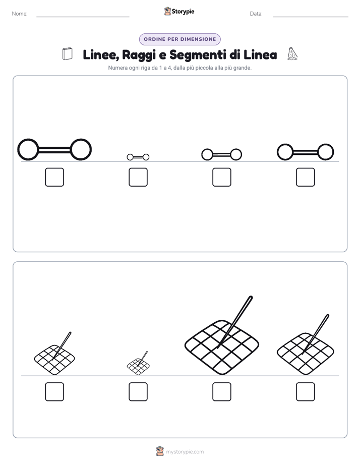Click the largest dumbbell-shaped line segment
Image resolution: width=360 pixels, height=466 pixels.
pos(54,150)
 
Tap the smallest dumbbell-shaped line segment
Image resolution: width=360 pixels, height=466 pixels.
pos(138,157)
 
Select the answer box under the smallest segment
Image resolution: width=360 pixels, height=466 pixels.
pos(138,177)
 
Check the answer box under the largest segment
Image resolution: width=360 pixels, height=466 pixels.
pos(54,177)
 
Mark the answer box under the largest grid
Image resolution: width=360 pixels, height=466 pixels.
pos(221,392)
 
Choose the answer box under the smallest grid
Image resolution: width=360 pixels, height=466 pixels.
pos(138,392)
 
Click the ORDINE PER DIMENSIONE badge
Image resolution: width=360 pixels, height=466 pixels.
pos(179,39)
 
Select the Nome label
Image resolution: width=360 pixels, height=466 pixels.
pos(20,14)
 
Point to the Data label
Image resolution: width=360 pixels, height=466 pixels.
pos(256,14)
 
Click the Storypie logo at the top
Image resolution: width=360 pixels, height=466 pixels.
pos(179,11)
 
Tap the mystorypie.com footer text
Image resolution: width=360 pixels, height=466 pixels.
pos(185,452)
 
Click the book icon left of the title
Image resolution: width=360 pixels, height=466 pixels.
pos(68,54)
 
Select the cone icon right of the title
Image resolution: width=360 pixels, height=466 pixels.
pos(292,54)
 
